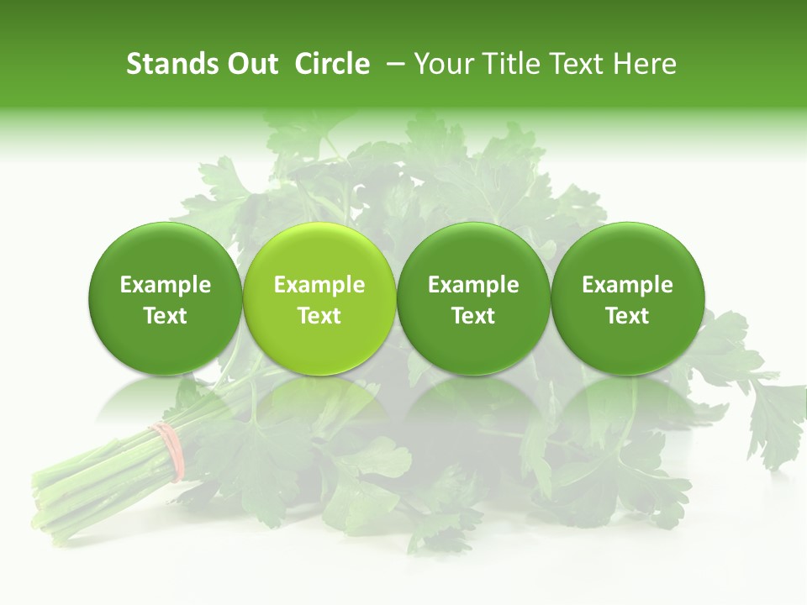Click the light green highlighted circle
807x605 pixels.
click(x=319, y=299)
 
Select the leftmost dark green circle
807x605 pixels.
click(x=166, y=299)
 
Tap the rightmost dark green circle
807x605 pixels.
click(x=628, y=299)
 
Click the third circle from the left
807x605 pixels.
click(x=473, y=299)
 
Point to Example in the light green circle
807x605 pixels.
click(x=319, y=285)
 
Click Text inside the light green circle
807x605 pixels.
click(x=319, y=316)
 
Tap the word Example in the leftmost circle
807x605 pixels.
click(x=166, y=285)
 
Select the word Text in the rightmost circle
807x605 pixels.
click(x=628, y=316)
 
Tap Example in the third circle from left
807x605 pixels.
click(x=473, y=285)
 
